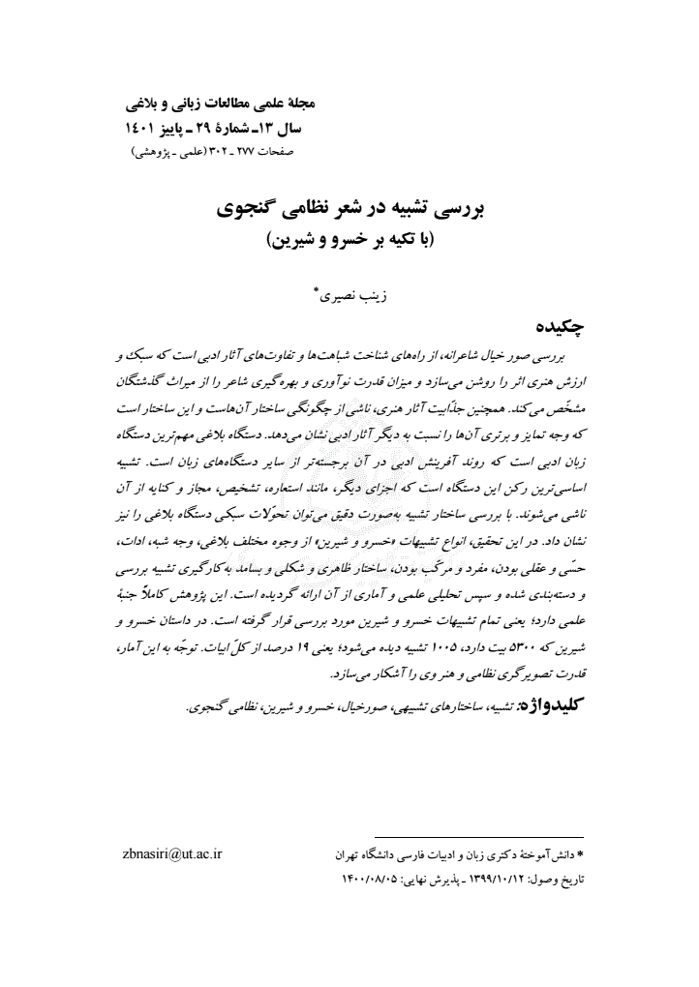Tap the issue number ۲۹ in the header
[206, 127]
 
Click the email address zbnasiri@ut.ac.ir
[175, 854]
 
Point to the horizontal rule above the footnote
[478, 837]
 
